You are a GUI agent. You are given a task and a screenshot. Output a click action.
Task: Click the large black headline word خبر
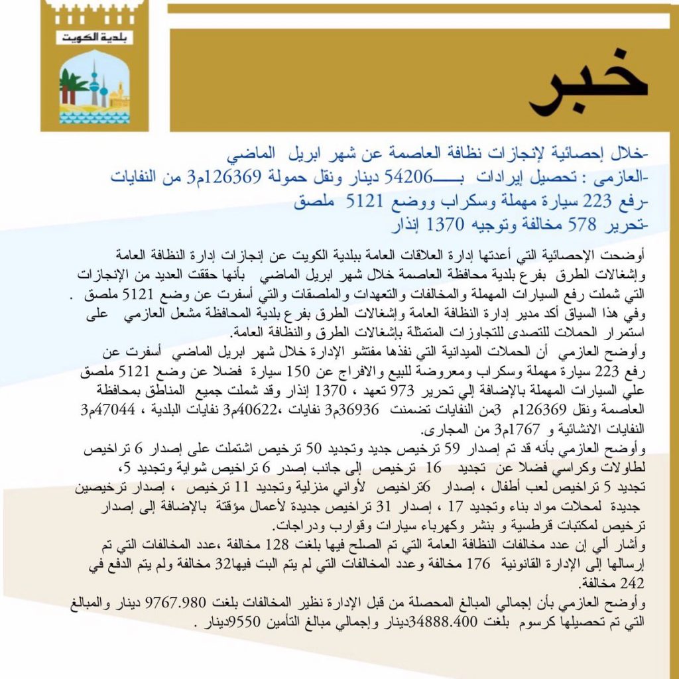[587, 89]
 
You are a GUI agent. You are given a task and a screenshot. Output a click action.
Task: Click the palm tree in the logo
[72, 85]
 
